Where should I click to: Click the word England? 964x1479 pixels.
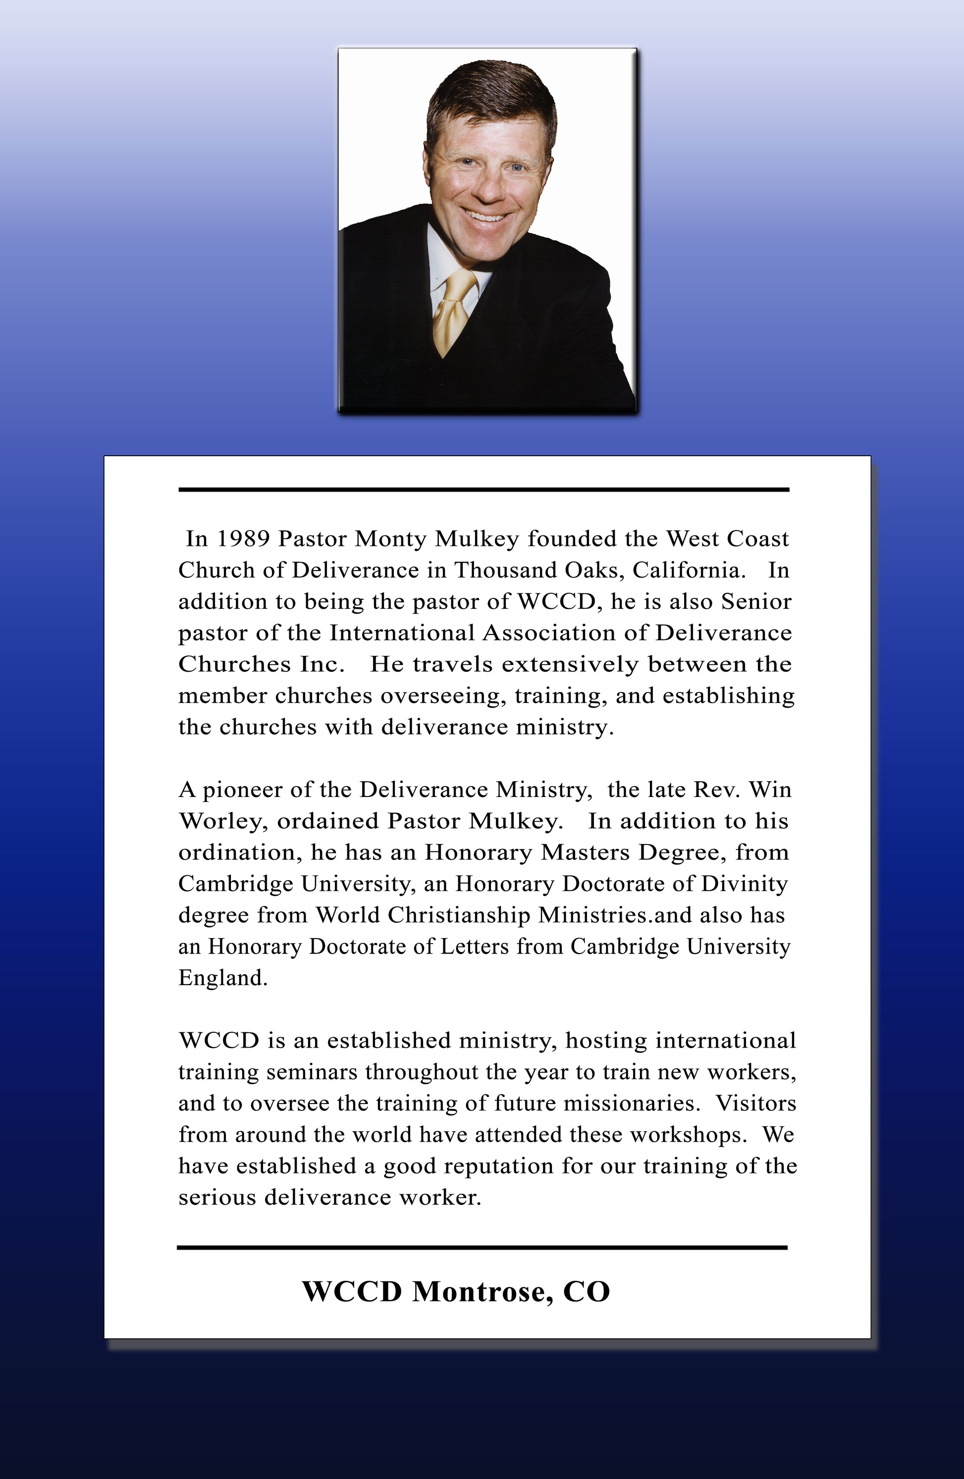222,978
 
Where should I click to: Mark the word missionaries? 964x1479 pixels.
628,1104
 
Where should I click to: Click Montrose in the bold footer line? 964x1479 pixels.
482,1292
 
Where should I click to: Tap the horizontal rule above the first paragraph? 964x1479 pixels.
483,490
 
